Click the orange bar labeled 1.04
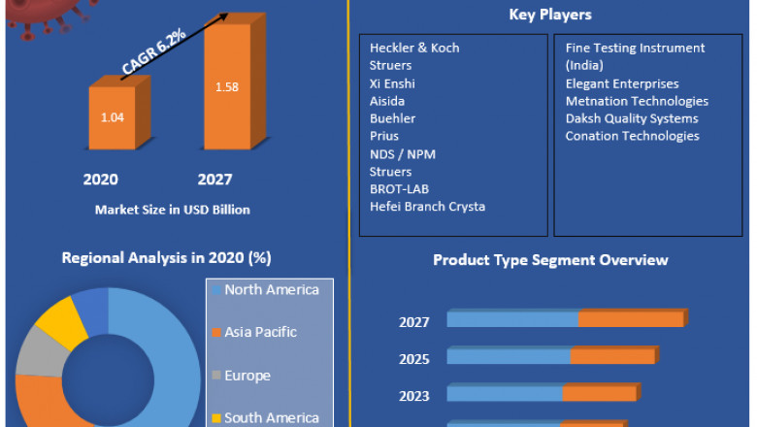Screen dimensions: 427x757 click(113, 117)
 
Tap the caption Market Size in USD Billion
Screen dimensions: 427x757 click(172, 210)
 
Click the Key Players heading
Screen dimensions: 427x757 click(550, 15)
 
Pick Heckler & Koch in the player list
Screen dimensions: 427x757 click(414, 48)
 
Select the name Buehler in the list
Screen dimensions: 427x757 click(392, 118)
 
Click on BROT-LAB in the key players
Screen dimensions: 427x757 click(399, 188)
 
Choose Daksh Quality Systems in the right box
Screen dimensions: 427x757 click(632, 118)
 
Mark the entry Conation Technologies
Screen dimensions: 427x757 click(632, 136)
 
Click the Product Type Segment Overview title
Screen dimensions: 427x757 click(550, 260)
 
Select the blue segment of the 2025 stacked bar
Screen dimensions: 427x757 click(509, 357)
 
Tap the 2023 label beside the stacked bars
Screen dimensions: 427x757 click(413, 395)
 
